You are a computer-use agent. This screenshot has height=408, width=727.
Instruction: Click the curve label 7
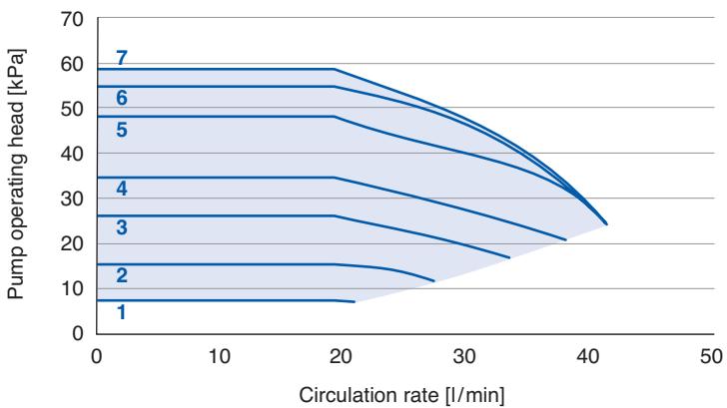pyautogui.click(x=122, y=58)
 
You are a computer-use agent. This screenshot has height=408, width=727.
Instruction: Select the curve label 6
pyautogui.click(x=122, y=98)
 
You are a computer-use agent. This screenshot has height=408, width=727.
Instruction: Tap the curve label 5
pyautogui.click(x=122, y=130)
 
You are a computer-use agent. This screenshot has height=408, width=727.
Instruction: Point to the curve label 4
pyautogui.click(x=122, y=189)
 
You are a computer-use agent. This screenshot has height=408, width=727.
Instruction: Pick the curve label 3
pyautogui.click(x=122, y=227)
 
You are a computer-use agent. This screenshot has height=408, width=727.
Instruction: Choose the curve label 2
pyautogui.click(x=122, y=275)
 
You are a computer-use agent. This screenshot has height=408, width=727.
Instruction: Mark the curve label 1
pyautogui.click(x=122, y=312)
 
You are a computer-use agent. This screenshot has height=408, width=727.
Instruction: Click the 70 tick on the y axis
pyautogui.click(x=72, y=19)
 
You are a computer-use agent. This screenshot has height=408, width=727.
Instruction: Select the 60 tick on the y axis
pyautogui.click(x=72, y=65)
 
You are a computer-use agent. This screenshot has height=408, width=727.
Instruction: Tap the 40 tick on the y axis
pyautogui.click(x=72, y=155)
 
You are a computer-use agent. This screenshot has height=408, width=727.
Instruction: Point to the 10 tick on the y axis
pyautogui.click(x=72, y=289)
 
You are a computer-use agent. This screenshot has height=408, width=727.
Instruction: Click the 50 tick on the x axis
pyautogui.click(x=711, y=357)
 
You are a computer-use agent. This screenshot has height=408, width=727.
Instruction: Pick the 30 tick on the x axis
pyautogui.click(x=464, y=357)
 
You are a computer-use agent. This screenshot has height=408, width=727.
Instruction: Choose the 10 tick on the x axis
pyautogui.click(x=219, y=357)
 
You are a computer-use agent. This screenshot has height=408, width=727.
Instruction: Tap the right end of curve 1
pyautogui.click(x=355, y=302)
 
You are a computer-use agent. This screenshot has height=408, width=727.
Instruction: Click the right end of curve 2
pyautogui.click(x=434, y=280)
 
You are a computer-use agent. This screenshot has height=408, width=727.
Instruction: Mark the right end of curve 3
pyautogui.click(x=509, y=257)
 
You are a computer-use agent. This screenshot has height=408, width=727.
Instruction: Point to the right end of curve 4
pyautogui.click(x=566, y=239)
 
